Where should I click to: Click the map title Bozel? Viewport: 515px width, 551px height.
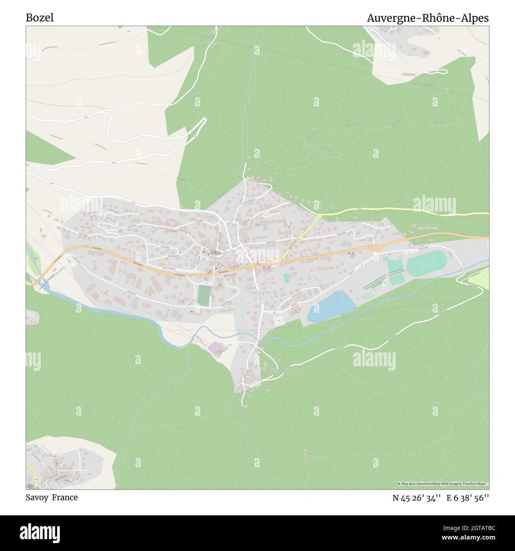[40, 18]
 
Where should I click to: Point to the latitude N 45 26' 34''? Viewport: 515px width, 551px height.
[416, 498]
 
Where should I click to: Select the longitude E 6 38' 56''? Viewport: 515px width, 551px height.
[468, 498]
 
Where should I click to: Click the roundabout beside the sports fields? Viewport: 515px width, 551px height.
[374, 247]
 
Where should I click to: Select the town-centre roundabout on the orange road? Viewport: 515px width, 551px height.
[254, 267]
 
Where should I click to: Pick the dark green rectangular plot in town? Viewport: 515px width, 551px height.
[204, 295]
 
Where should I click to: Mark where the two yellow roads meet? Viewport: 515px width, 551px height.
[320, 216]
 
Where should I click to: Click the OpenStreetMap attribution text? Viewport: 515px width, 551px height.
[443, 484]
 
